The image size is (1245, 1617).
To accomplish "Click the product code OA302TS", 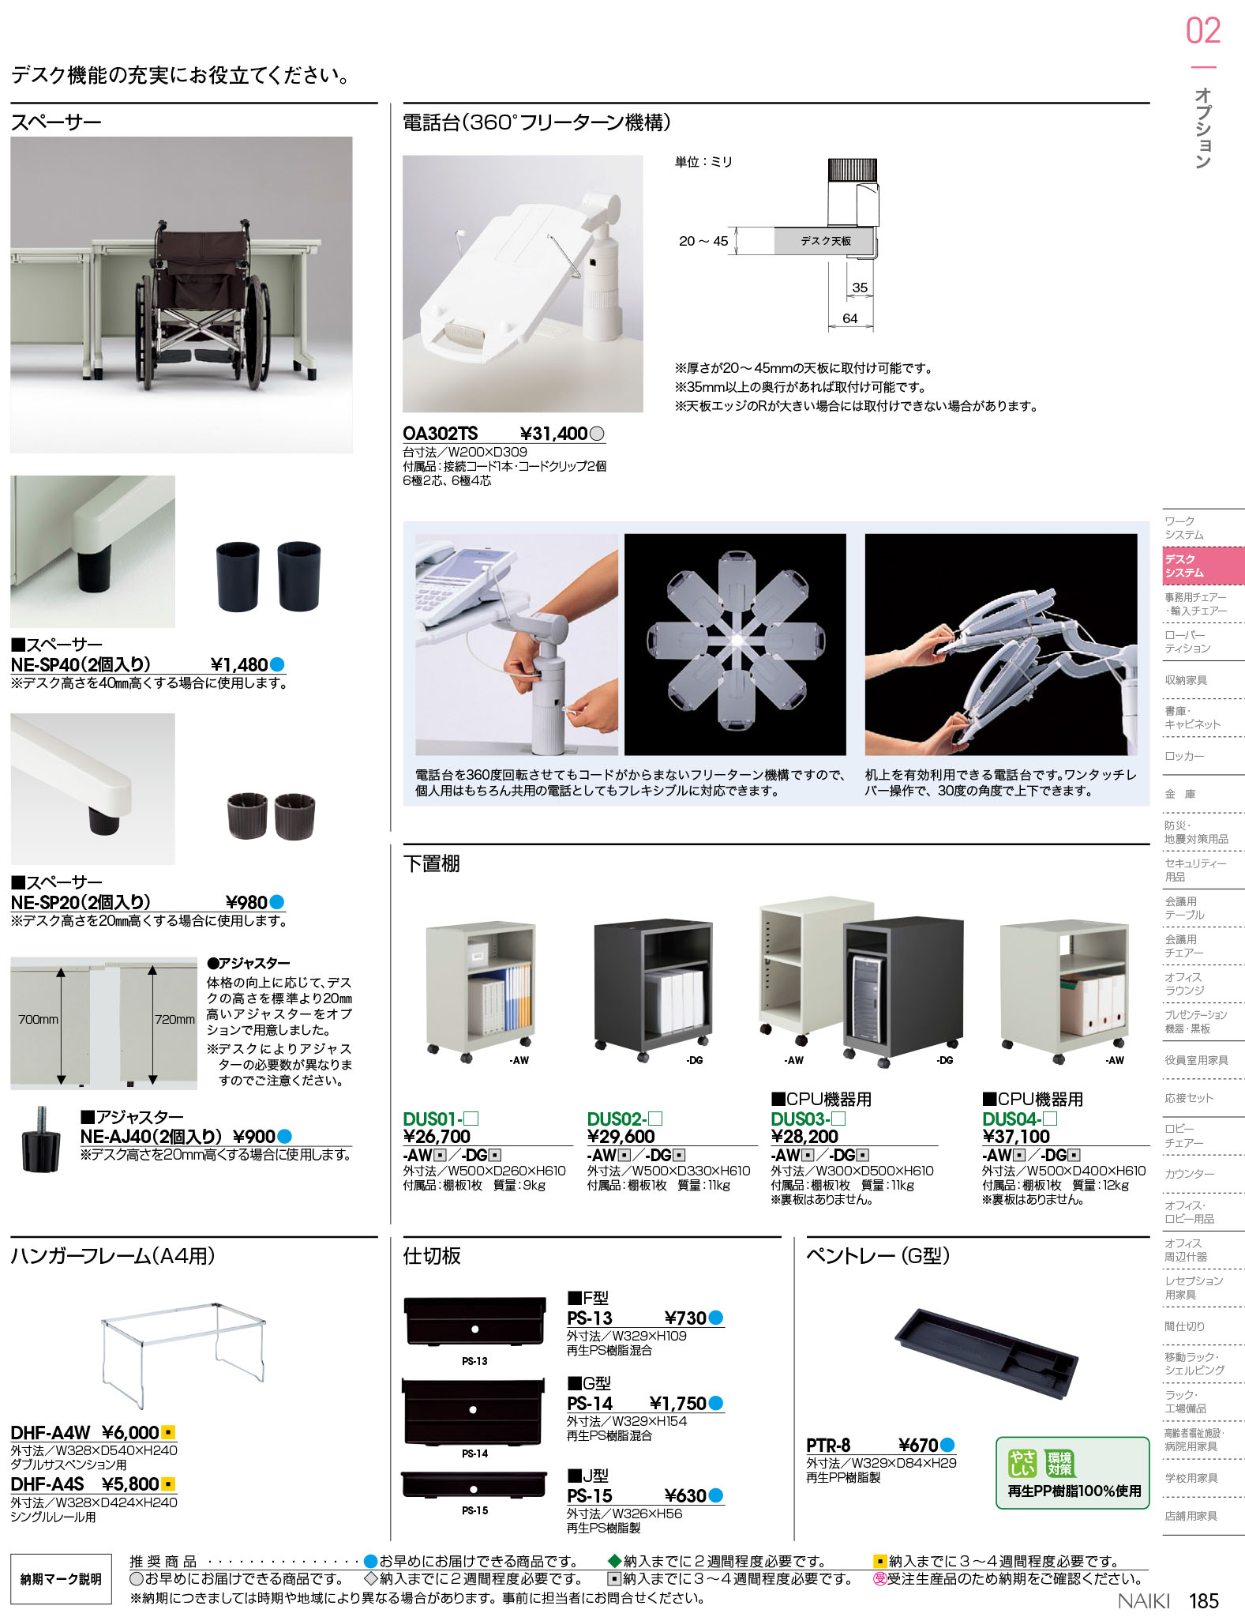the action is click(x=441, y=434).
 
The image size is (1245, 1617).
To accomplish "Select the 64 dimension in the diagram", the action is click(x=849, y=318).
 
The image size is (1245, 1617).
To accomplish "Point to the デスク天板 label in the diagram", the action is click(x=825, y=241).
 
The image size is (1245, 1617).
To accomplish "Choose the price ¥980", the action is click(x=246, y=903).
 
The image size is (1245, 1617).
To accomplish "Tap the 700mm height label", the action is click(x=39, y=1020).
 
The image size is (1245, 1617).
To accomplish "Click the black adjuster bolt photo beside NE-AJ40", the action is click(x=40, y=1139).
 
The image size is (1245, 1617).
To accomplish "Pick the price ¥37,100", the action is click(x=1016, y=1137).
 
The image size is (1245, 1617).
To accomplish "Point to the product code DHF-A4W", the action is click(x=51, y=1433).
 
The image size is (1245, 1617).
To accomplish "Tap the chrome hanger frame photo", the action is click(x=183, y=1353).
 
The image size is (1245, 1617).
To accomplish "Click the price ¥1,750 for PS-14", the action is click(x=677, y=1404).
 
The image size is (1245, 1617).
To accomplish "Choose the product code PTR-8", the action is click(x=828, y=1446).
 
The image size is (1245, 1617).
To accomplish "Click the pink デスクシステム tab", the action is click(x=1203, y=566).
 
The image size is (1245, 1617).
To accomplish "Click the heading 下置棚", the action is click(x=431, y=863).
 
